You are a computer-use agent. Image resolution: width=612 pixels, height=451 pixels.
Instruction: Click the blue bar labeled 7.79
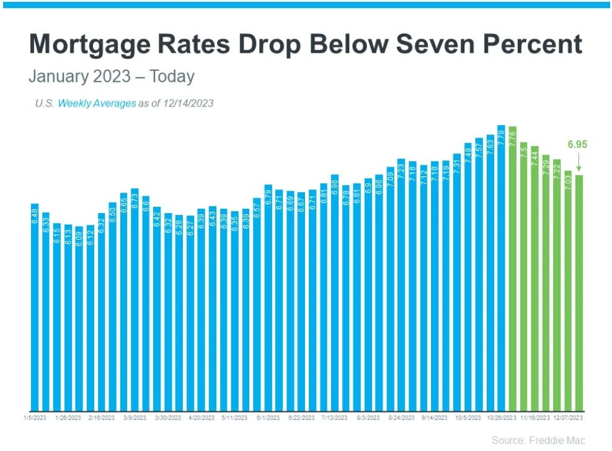click(x=501, y=266)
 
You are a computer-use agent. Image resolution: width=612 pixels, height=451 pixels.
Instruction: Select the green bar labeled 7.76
click(x=512, y=266)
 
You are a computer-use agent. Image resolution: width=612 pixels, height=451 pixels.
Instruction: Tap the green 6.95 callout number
click(x=577, y=145)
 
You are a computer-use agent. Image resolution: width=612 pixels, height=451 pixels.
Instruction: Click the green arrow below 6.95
click(x=579, y=162)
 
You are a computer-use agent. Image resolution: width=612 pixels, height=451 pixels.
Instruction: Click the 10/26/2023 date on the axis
click(x=501, y=419)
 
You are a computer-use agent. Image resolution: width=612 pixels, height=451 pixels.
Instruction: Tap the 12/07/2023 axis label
click(x=568, y=419)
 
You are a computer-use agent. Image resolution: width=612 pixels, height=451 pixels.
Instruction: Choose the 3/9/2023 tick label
click(x=135, y=419)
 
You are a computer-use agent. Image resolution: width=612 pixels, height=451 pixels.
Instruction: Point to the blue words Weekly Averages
click(x=97, y=103)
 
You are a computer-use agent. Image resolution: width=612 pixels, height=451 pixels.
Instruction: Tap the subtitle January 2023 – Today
click(x=112, y=77)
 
